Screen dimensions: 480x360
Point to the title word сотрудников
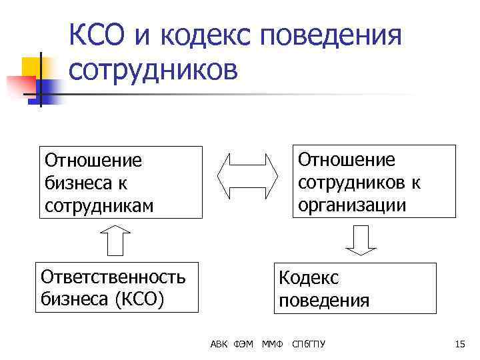coord(153,69)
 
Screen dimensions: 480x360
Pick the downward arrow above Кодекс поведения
coord(360,241)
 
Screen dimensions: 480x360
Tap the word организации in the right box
coord(352,204)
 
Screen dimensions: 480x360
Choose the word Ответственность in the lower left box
coord(113,276)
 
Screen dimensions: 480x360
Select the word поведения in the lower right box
coord(324,301)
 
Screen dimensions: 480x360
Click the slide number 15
coord(459,344)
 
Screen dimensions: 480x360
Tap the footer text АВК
coord(219,344)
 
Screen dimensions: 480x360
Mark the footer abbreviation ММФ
coord(272,344)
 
